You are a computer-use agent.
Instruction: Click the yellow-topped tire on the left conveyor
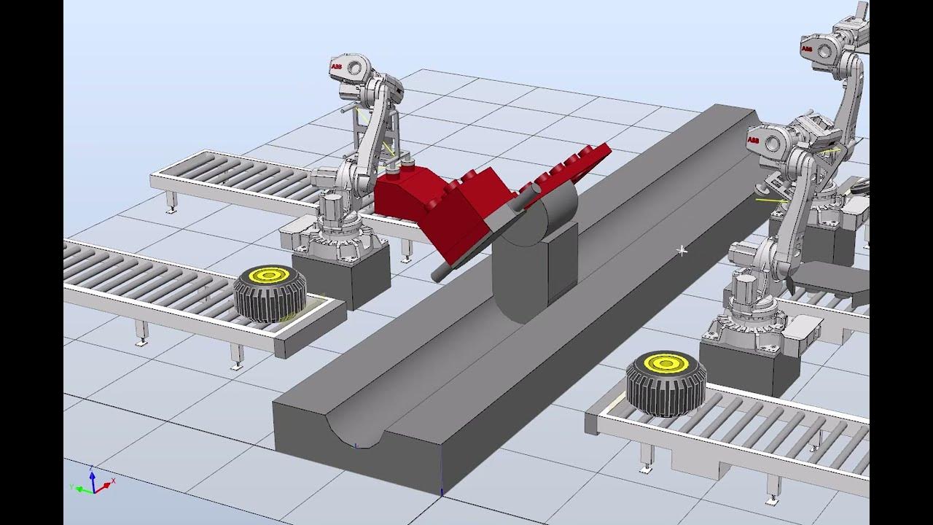pos(267,293)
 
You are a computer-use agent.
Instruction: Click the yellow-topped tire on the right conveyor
pos(665,383)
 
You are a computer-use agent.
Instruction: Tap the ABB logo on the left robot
pos(336,67)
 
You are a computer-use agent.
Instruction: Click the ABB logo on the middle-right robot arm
pos(754,139)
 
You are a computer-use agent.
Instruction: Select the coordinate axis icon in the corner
pos(93,482)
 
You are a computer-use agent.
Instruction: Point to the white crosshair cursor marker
pos(682,251)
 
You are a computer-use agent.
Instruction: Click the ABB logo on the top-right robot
pos(806,49)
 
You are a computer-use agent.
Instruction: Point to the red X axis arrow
pos(109,482)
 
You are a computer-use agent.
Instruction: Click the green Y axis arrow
pos(78,488)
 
